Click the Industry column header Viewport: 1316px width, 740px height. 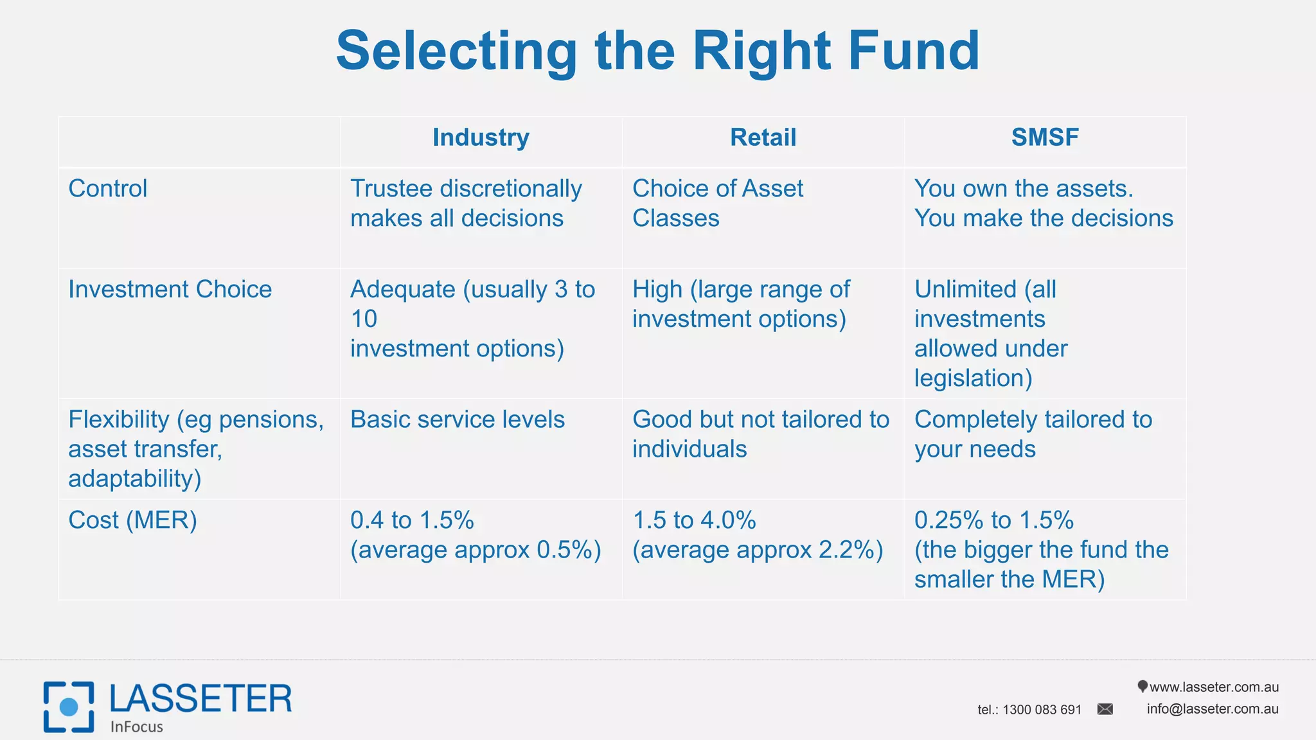pos(481,137)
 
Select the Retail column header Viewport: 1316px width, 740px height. pos(763,137)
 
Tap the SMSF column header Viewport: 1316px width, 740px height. pos(1045,137)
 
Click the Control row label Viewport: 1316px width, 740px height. pos(108,189)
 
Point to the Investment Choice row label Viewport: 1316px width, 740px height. pos(170,290)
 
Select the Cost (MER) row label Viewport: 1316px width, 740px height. pos(132,520)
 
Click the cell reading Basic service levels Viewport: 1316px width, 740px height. pos(458,419)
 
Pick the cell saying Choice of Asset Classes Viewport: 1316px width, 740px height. pos(718,203)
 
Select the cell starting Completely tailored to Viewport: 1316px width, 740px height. pos(1033,434)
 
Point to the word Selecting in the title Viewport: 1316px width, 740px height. pos(456,51)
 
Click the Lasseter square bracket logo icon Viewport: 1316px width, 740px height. pos(69,707)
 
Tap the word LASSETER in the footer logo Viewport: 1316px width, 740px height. pos(200,699)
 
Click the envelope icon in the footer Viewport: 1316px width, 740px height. pos(1105,709)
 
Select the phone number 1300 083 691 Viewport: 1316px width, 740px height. pos(1042,710)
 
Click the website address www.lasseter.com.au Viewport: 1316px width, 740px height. pos(1214,687)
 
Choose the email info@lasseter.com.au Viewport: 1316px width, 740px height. pos(1213,709)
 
